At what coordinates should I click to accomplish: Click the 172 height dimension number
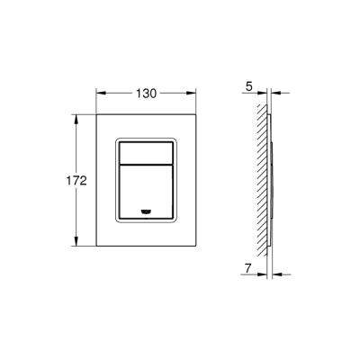77,181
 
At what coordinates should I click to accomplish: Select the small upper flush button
145,153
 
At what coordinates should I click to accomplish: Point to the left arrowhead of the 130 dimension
98,90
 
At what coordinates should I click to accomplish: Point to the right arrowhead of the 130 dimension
193,90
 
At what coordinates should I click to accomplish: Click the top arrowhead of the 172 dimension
77,117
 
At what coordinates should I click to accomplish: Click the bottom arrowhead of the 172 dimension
77,245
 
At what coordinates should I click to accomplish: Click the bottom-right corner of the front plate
196,247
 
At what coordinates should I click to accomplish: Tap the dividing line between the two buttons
145,167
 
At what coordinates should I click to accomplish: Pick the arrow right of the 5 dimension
274,90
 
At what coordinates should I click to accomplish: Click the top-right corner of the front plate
196,113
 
